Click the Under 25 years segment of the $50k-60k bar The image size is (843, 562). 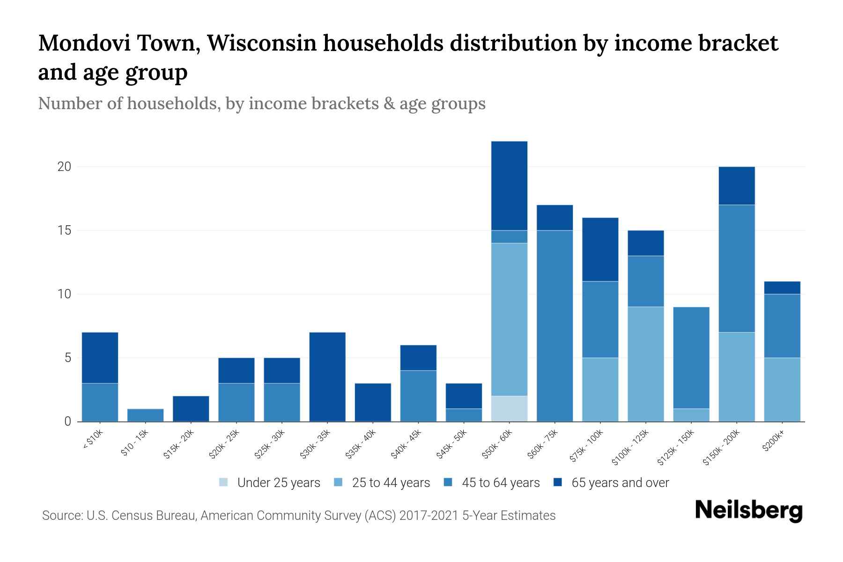(509, 408)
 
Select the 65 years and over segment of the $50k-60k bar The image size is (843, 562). (509, 185)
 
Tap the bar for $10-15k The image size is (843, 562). (145, 415)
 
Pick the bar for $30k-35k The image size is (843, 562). (327, 377)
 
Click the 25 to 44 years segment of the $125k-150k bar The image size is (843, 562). (691, 415)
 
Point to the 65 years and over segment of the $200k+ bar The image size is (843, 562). (782, 288)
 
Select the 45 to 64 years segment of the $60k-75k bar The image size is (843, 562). (555, 325)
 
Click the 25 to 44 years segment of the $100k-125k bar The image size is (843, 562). (645, 364)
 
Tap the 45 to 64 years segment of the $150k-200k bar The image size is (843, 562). (736, 268)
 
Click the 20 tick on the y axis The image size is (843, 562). (64, 167)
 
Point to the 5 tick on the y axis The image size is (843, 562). (67, 358)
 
